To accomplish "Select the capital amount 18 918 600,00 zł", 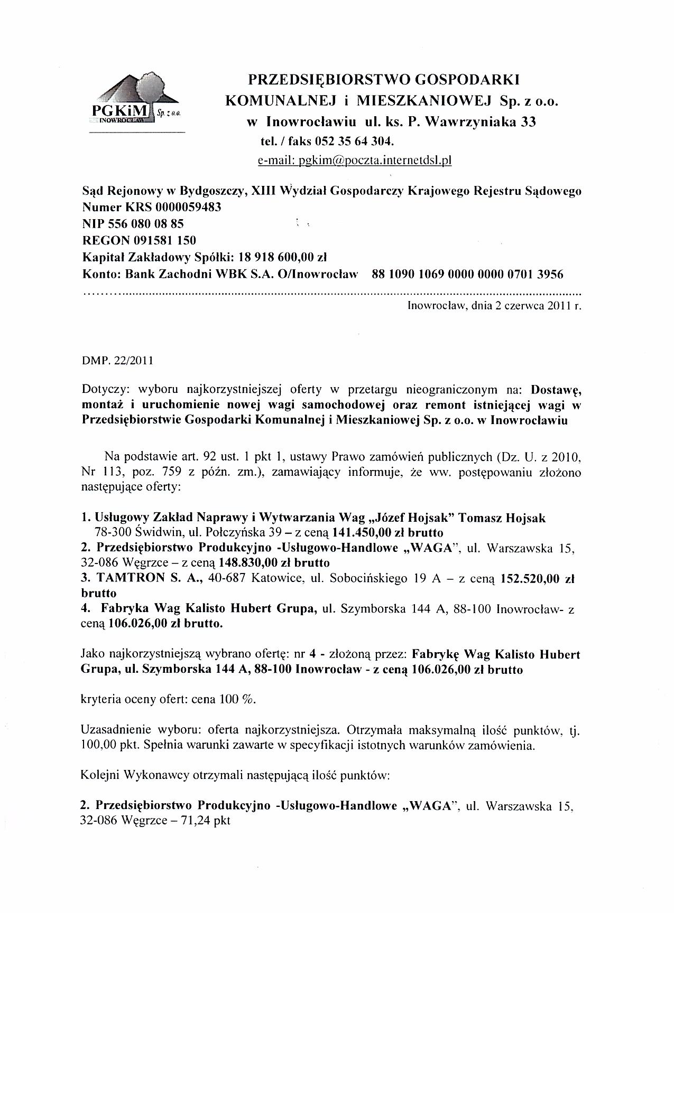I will pyautogui.click(x=283, y=258).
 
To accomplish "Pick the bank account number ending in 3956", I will pyautogui.click(x=467, y=274).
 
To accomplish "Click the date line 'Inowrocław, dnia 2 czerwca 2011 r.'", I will pyautogui.click(x=494, y=305).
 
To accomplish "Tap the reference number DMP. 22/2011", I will pyautogui.click(x=117, y=361).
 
